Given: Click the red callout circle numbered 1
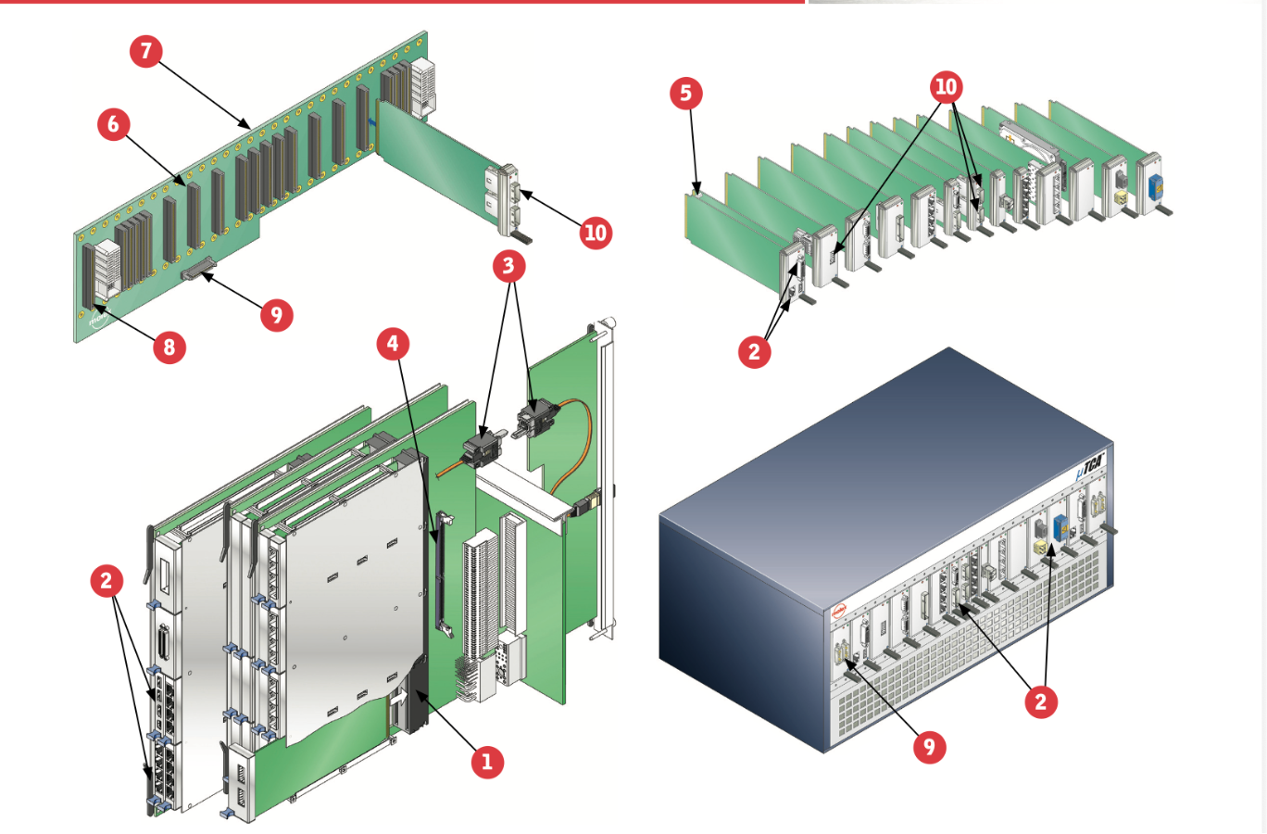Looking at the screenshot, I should click(x=487, y=762).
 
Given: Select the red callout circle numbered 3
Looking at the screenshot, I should click(x=508, y=266).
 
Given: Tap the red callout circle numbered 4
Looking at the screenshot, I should click(x=393, y=344).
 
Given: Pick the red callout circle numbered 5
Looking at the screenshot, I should click(x=685, y=93).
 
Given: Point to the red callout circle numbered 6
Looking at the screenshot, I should click(x=114, y=124).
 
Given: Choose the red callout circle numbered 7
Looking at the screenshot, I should click(x=146, y=50).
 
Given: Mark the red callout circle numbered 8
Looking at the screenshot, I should click(x=169, y=347).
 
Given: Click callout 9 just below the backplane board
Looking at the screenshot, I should click(x=276, y=315).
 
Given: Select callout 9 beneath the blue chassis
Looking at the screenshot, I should click(x=929, y=747).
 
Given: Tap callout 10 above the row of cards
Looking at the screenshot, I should click(x=946, y=87).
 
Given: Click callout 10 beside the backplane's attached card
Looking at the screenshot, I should click(x=596, y=233).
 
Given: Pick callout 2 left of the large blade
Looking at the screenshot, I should click(x=107, y=581).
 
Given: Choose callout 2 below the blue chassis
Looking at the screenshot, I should click(x=1041, y=701).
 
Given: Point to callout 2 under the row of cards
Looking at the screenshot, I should click(x=754, y=351).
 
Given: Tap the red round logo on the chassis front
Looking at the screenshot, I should click(x=838, y=612).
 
